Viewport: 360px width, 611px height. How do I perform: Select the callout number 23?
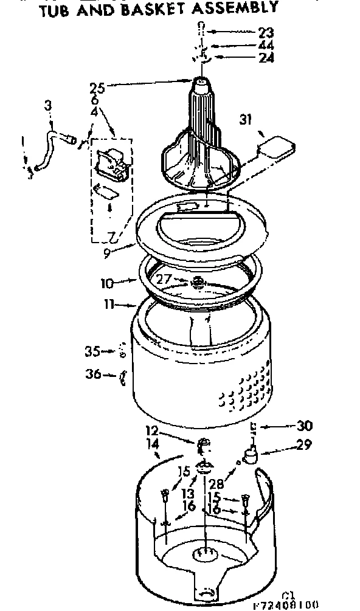(x=265, y=32)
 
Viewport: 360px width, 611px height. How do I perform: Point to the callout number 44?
(x=265, y=45)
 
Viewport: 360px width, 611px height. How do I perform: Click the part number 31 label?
(x=246, y=119)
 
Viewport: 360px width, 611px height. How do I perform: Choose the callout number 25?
(x=98, y=89)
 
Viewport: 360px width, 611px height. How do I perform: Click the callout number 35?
(x=92, y=350)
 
